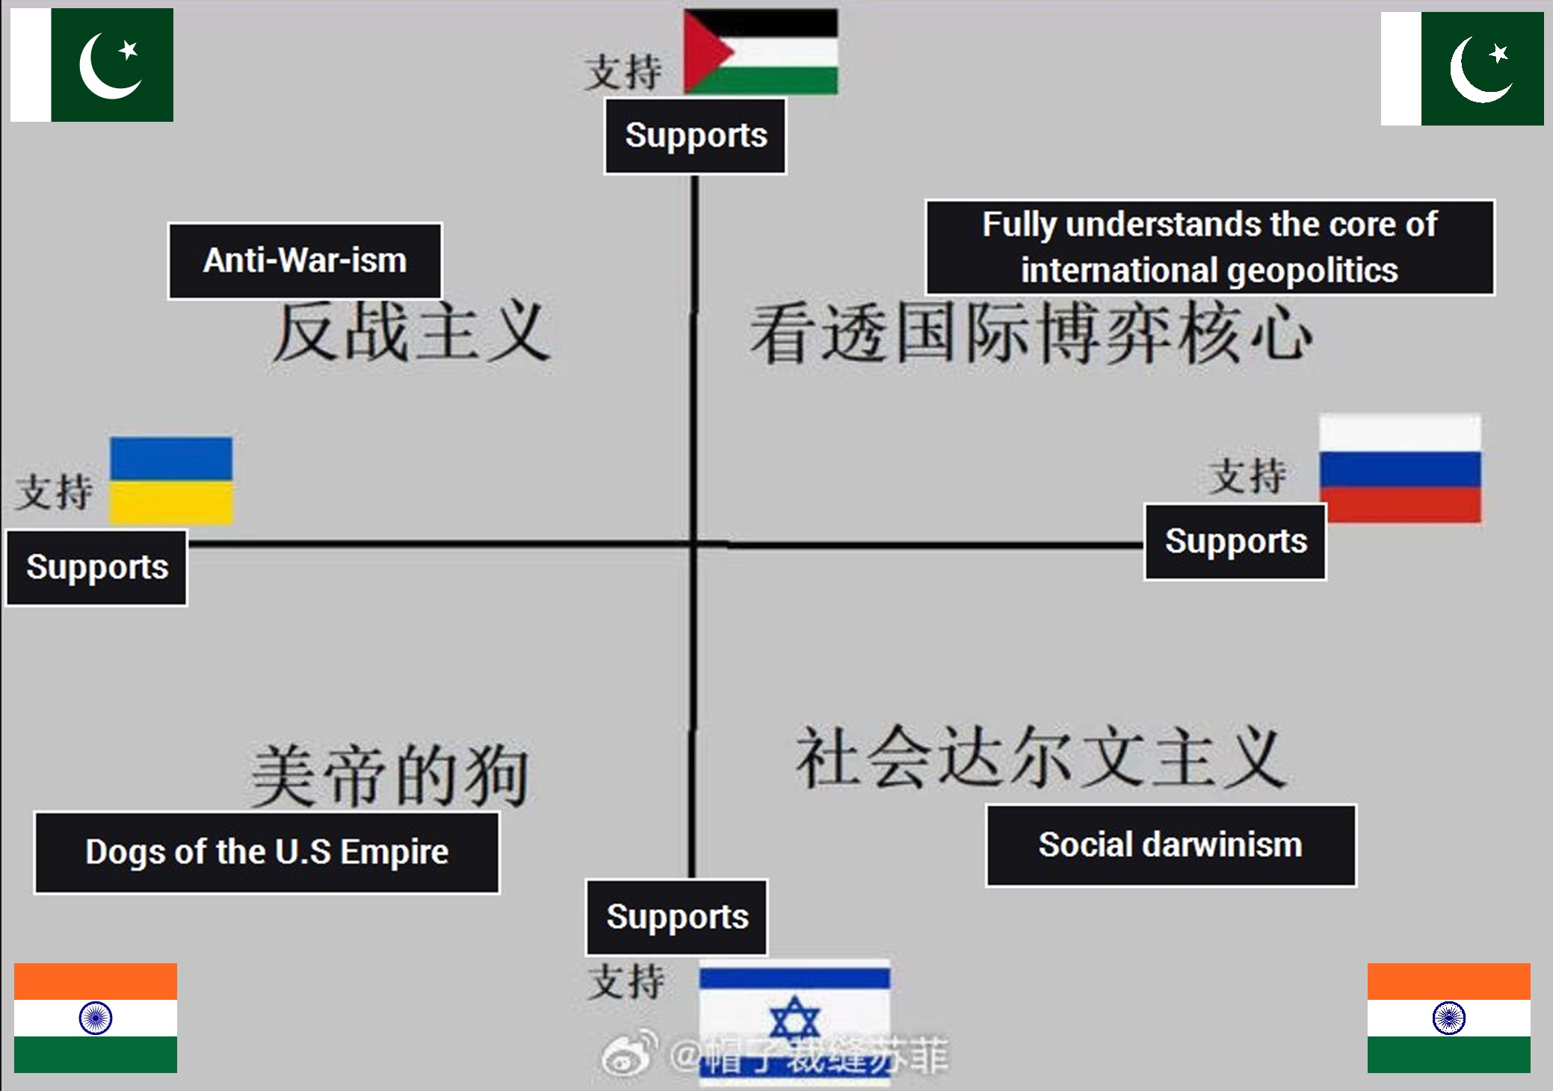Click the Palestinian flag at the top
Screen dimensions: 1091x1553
(761, 51)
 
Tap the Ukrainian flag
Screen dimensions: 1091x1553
(171, 480)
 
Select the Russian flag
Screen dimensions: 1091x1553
(1400, 468)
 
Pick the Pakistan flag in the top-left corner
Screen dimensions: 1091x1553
(92, 65)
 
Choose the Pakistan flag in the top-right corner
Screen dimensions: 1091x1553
(1462, 69)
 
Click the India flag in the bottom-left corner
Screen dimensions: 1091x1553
(96, 1018)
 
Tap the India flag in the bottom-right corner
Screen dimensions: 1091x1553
(1448, 1018)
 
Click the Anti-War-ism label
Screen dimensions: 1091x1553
(305, 261)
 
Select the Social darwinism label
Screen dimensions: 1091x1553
(1170, 845)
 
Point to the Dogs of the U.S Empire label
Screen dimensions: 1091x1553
(267, 852)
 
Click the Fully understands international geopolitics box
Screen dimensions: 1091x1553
(1209, 247)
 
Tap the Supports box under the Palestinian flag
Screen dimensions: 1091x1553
(695, 136)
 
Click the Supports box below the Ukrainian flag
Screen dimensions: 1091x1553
(96, 567)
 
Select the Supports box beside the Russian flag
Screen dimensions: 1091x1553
(1235, 542)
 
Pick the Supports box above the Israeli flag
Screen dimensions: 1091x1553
(676, 917)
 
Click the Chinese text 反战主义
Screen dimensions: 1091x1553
(410, 333)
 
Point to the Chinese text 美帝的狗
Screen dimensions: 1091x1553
(389, 775)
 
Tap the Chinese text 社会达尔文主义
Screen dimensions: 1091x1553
(1040, 756)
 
